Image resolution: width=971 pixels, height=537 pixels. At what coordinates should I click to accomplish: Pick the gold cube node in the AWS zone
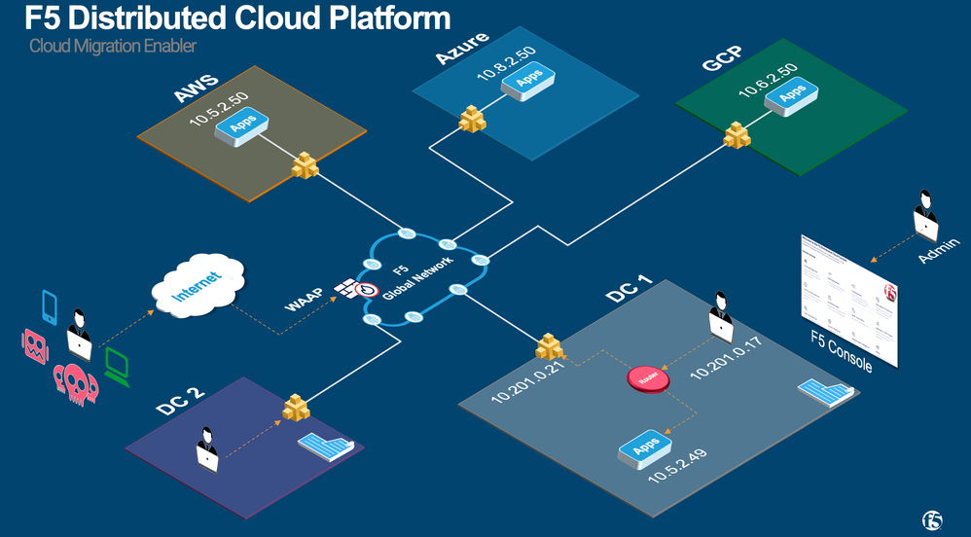[306, 165]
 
